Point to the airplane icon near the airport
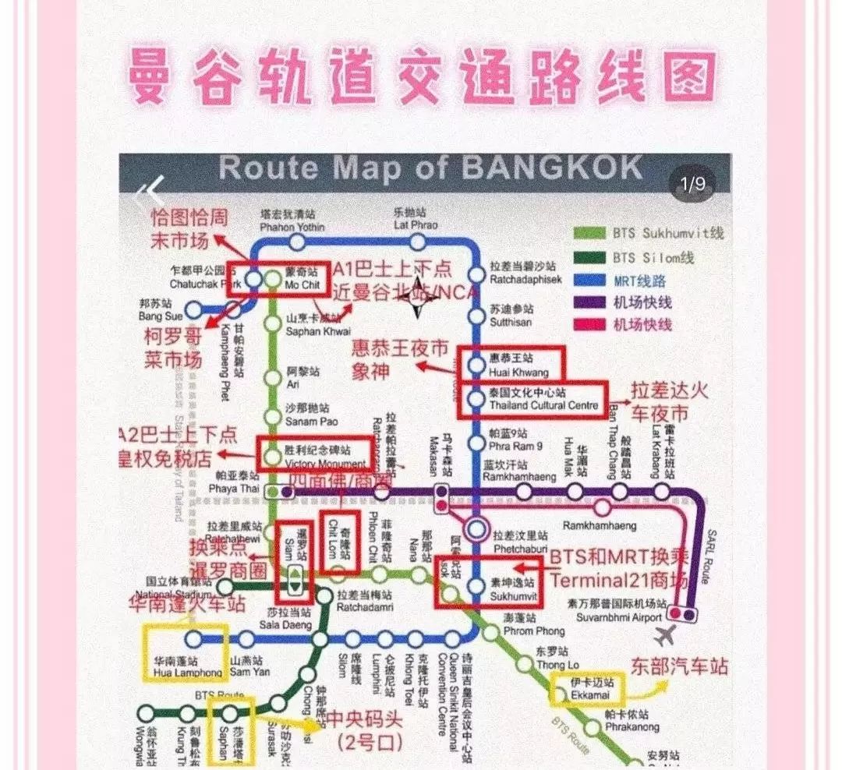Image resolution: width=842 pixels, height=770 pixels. pyautogui.click(x=665, y=635)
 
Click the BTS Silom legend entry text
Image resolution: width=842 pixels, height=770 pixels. pyautogui.click(x=653, y=257)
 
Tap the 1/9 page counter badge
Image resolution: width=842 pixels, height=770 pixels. pyautogui.click(x=692, y=185)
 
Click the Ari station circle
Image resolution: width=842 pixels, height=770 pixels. pyautogui.click(x=272, y=379)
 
